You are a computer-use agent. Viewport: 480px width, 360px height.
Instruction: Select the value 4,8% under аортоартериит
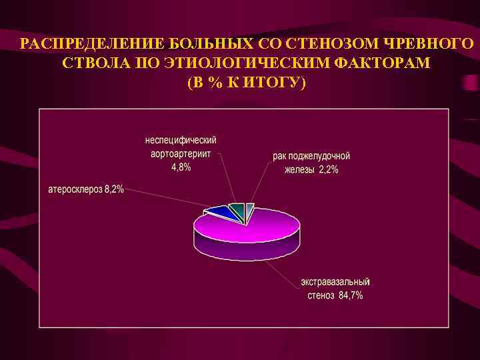(181, 167)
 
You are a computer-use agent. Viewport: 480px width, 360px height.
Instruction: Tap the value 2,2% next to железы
(327, 169)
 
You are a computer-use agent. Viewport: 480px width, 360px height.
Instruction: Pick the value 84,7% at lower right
(351, 295)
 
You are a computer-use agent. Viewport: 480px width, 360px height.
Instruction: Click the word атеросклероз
(75, 189)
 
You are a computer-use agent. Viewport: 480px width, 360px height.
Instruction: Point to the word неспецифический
(181, 141)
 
